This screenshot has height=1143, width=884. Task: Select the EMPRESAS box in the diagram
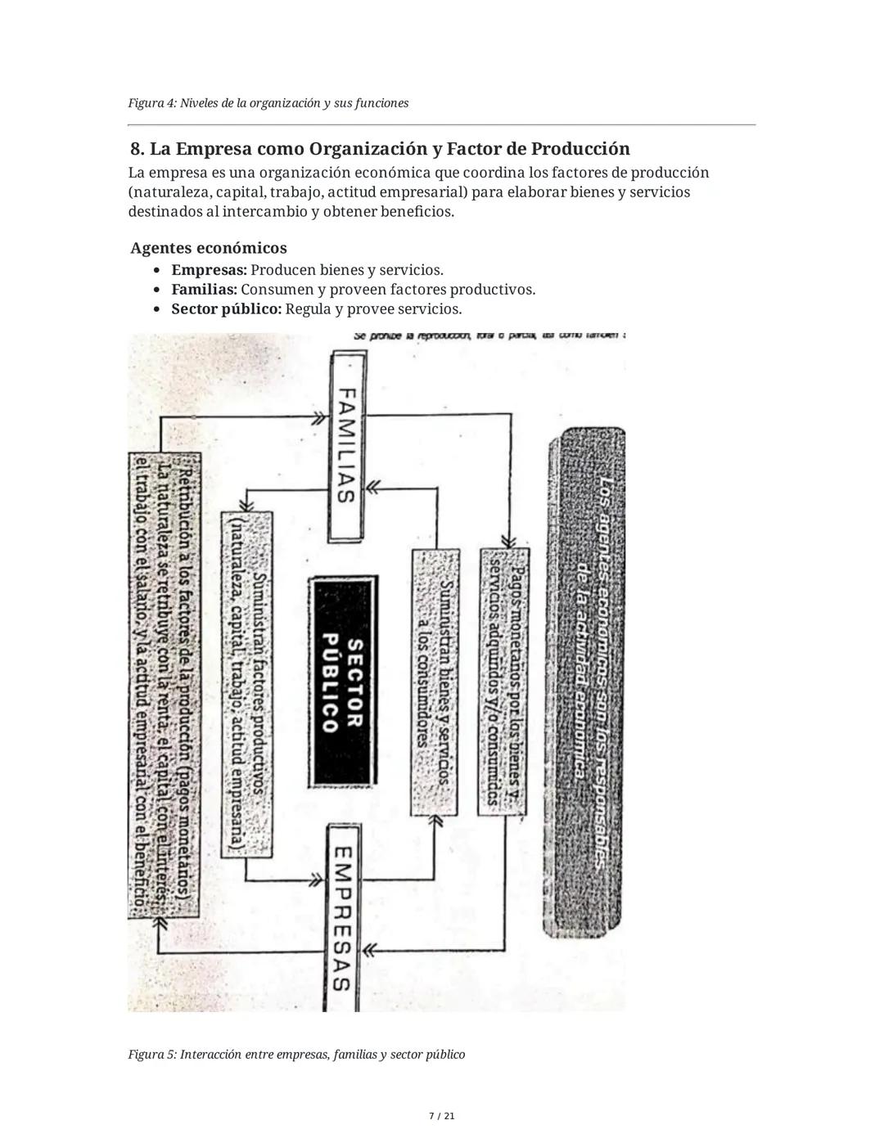[x=344, y=916]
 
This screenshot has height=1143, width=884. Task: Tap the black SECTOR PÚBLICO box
[x=344, y=682]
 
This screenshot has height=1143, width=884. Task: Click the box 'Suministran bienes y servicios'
[x=434, y=682]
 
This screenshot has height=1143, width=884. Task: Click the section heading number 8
[x=138, y=149]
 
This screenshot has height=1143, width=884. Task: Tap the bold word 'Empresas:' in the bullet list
[x=209, y=270]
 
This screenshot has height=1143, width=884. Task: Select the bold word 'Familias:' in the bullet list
[x=204, y=290]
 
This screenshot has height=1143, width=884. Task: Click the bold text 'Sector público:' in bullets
[x=226, y=309]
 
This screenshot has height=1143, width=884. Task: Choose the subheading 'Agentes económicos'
[x=209, y=248]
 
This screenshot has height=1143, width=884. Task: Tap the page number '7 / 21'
[x=442, y=1116]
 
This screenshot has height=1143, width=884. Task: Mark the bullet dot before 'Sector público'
[x=157, y=310]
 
